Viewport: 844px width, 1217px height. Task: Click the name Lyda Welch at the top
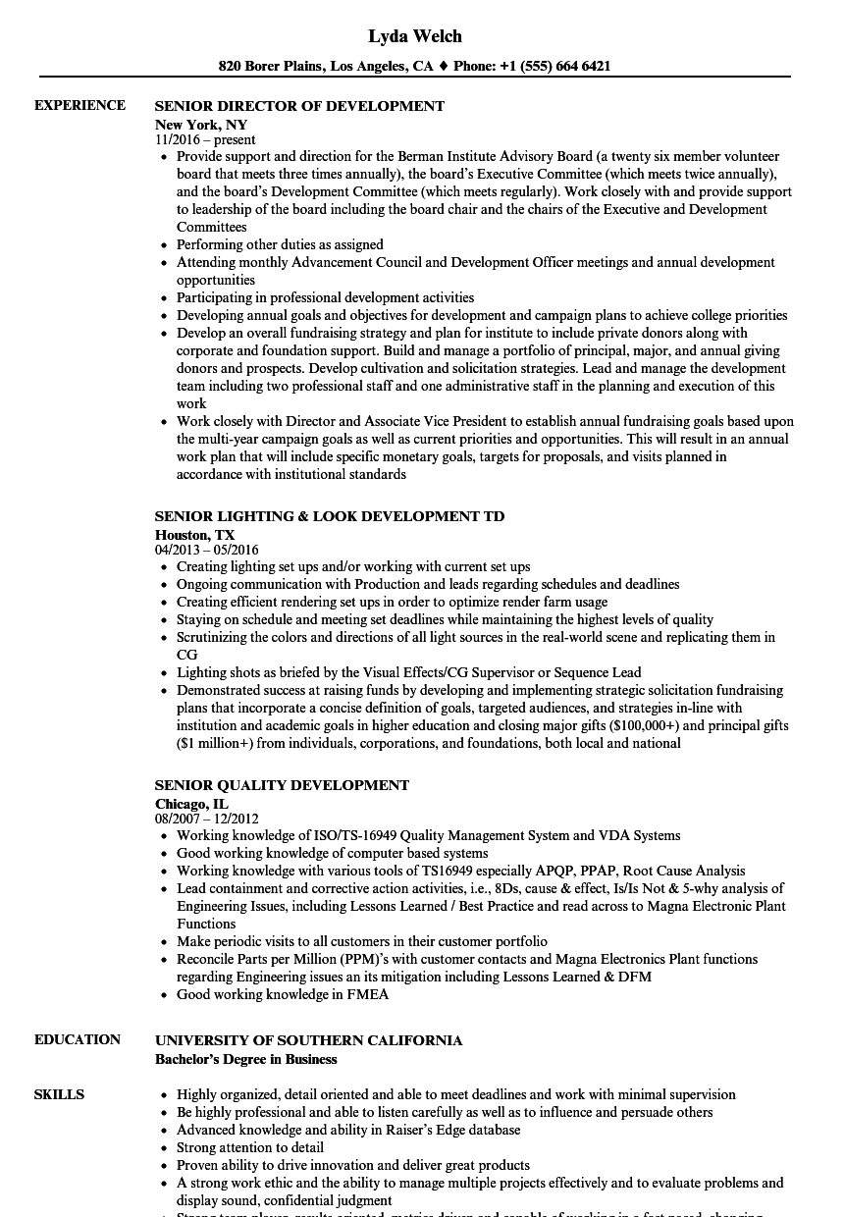[x=415, y=36]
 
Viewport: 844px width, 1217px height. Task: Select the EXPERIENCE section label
[x=79, y=106]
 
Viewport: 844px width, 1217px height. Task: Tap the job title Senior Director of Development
[x=299, y=106]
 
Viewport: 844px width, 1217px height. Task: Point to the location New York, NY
[x=201, y=125]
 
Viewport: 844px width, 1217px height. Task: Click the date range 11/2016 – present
[x=205, y=140]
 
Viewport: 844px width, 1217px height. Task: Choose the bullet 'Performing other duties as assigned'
[x=280, y=244]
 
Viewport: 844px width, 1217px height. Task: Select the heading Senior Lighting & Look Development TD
[x=330, y=516]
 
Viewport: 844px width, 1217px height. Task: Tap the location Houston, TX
[x=195, y=535]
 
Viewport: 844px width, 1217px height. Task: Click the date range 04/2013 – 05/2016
[x=207, y=551]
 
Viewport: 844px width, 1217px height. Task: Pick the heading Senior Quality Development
[x=282, y=785]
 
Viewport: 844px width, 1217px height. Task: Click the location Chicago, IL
[x=191, y=804]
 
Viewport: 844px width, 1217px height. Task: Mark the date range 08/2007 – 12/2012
[x=207, y=820]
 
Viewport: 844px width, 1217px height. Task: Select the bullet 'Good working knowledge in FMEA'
[x=283, y=994]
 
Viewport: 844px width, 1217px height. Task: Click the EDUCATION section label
[x=78, y=1040]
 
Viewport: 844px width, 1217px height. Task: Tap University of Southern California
[x=308, y=1040]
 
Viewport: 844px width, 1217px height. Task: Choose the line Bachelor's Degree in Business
[x=245, y=1059]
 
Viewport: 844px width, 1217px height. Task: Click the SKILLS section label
[x=59, y=1095]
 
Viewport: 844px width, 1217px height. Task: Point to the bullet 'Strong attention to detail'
[x=250, y=1147]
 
